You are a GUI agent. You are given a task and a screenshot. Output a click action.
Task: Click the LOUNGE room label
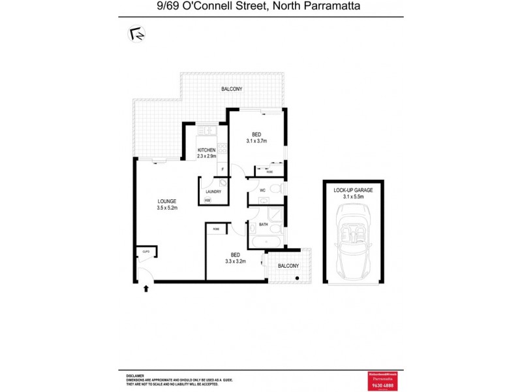(167, 201)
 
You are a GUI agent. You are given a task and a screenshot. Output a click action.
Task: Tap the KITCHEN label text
(207, 150)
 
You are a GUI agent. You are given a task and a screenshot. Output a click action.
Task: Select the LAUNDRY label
(213, 191)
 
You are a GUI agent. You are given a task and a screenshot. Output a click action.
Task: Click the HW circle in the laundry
(207, 200)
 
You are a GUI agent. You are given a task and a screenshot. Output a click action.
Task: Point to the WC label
(262, 190)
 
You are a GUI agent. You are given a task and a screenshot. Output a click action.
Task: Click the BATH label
(264, 225)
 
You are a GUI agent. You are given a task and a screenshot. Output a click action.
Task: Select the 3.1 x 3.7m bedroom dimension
(257, 141)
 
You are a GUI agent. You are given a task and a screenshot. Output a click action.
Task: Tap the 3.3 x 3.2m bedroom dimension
(236, 261)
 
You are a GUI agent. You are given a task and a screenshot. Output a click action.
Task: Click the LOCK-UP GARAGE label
(353, 189)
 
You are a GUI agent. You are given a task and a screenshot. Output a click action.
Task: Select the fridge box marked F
(223, 170)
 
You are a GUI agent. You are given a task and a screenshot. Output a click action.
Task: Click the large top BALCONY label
(232, 89)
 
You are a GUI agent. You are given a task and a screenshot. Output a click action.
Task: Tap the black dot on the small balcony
(298, 279)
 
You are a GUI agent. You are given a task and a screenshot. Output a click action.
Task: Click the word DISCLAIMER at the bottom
(136, 375)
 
